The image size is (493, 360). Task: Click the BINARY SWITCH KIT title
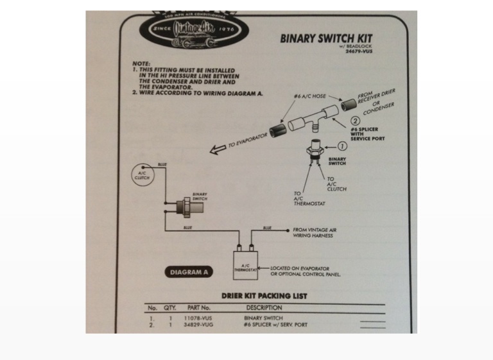(325, 38)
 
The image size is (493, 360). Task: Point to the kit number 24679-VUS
(359, 51)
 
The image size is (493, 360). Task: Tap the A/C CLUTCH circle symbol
(142, 175)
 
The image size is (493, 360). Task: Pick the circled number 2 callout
(354, 120)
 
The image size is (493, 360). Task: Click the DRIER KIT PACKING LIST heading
(255, 296)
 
